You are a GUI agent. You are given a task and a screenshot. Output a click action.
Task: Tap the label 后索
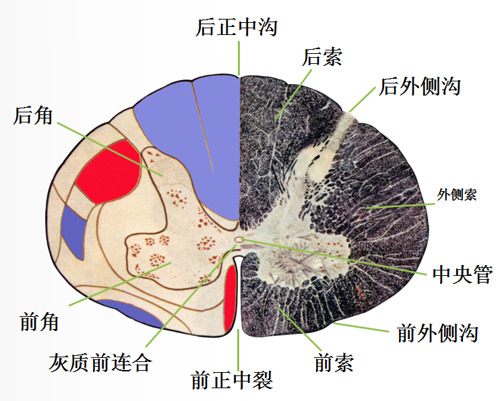coord(322,57)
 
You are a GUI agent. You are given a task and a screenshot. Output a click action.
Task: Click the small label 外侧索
coord(456,195)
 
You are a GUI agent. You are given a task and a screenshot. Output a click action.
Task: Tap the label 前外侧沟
coord(438,332)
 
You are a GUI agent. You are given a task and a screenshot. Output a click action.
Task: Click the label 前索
coord(334,363)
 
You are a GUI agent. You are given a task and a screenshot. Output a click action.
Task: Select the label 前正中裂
coord(232,380)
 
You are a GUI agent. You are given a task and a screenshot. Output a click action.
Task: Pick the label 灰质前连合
coord(100,363)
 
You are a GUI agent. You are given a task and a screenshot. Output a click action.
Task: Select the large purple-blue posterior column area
coord(195,148)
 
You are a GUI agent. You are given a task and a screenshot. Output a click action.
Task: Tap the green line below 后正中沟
coord(239,58)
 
